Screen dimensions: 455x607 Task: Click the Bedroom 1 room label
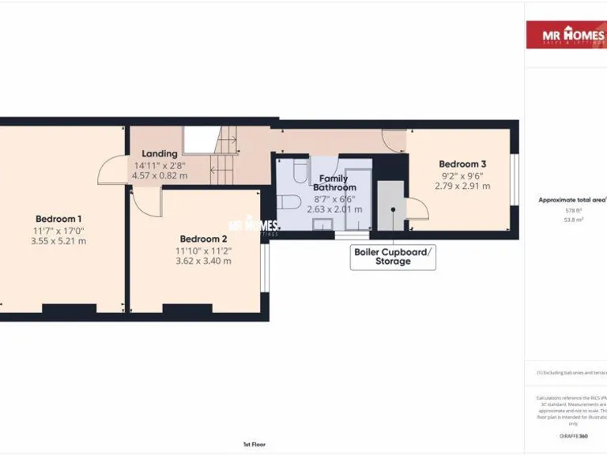point(58,219)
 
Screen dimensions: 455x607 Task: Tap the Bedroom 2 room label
point(203,239)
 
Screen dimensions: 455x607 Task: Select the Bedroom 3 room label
point(462,164)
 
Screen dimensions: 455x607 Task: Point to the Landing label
point(159,153)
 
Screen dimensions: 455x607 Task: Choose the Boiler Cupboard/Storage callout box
point(393,257)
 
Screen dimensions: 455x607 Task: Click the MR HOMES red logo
point(566,36)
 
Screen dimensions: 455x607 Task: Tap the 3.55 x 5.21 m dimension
point(58,241)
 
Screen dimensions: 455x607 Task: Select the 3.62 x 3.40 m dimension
point(204,261)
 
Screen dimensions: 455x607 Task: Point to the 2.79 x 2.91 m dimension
point(462,186)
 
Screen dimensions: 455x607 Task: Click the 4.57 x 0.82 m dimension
point(160,175)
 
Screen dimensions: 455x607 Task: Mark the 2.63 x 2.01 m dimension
point(334,209)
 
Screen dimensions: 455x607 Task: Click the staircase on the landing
point(224,158)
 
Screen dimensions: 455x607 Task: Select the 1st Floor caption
point(254,445)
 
